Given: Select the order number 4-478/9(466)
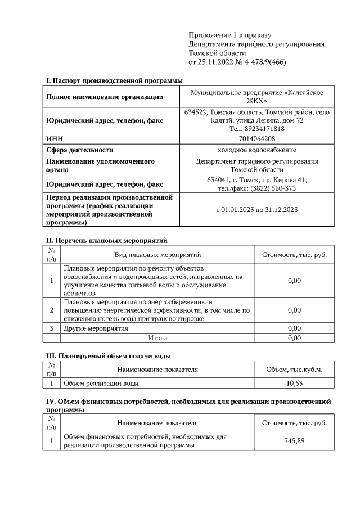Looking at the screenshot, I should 264,62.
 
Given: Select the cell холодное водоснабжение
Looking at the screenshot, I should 257,150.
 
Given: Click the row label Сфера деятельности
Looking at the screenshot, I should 80,150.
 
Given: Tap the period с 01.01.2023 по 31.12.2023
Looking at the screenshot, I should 257,210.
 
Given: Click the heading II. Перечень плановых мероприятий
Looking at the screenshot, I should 107,241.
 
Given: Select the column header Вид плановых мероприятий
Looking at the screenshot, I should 157,255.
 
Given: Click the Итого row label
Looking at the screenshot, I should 157,338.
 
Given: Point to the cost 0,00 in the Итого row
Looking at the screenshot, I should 294,338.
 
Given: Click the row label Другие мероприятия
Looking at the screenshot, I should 96,328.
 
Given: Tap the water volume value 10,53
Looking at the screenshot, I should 294,383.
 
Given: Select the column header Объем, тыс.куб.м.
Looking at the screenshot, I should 294,370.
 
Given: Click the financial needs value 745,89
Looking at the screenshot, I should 294,441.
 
